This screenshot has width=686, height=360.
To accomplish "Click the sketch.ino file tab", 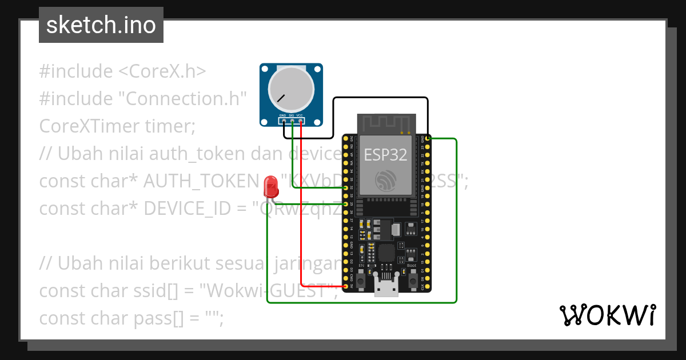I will (101, 25).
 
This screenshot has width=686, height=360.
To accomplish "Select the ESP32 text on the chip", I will (385, 155).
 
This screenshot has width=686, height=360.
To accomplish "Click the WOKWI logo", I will (607, 315).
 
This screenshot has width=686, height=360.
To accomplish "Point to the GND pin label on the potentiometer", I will (282, 115).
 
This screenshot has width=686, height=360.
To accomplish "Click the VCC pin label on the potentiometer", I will (300, 115).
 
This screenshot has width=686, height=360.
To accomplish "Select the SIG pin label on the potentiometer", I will (291, 115).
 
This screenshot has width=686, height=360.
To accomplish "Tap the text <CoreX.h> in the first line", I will (162, 71).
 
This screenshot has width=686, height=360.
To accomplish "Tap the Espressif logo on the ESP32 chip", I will (386, 181).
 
